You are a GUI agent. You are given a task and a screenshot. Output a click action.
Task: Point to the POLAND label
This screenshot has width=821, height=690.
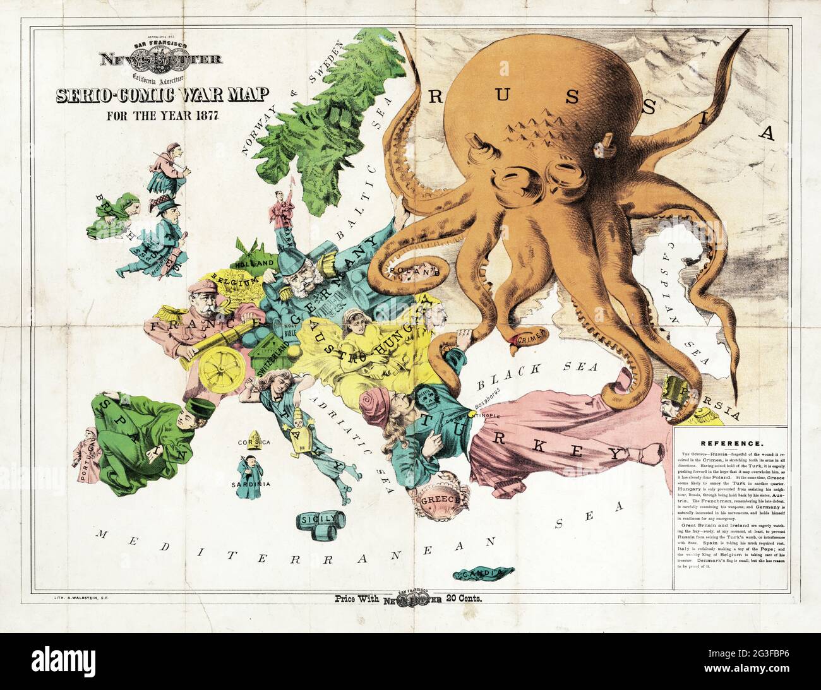[x=414, y=271]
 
